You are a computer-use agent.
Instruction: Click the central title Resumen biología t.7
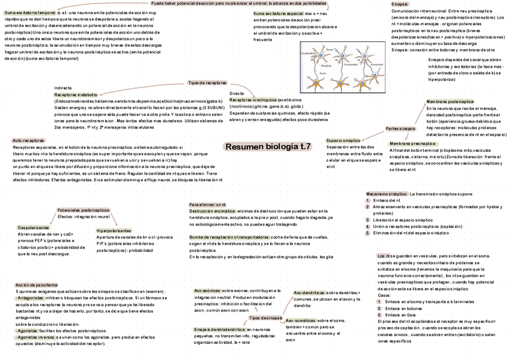(268, 146)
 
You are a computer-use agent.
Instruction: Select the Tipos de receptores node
(207, 83)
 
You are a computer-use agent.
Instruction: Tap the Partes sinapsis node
(400, 129)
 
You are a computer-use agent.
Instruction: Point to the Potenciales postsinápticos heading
(84, 210)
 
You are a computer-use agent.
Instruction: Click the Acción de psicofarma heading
(37, 284)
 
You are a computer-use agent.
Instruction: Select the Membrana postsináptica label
(450, 102)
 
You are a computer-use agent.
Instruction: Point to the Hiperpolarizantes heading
(113, 230)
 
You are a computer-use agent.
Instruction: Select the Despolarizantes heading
(33, 228)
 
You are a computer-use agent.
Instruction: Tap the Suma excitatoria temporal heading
(30, 12)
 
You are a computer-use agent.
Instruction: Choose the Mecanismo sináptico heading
(387, 194)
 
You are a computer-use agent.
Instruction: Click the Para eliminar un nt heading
(207, 205)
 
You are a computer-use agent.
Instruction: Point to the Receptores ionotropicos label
(253, 100)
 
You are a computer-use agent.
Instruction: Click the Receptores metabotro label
(76, 95)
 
